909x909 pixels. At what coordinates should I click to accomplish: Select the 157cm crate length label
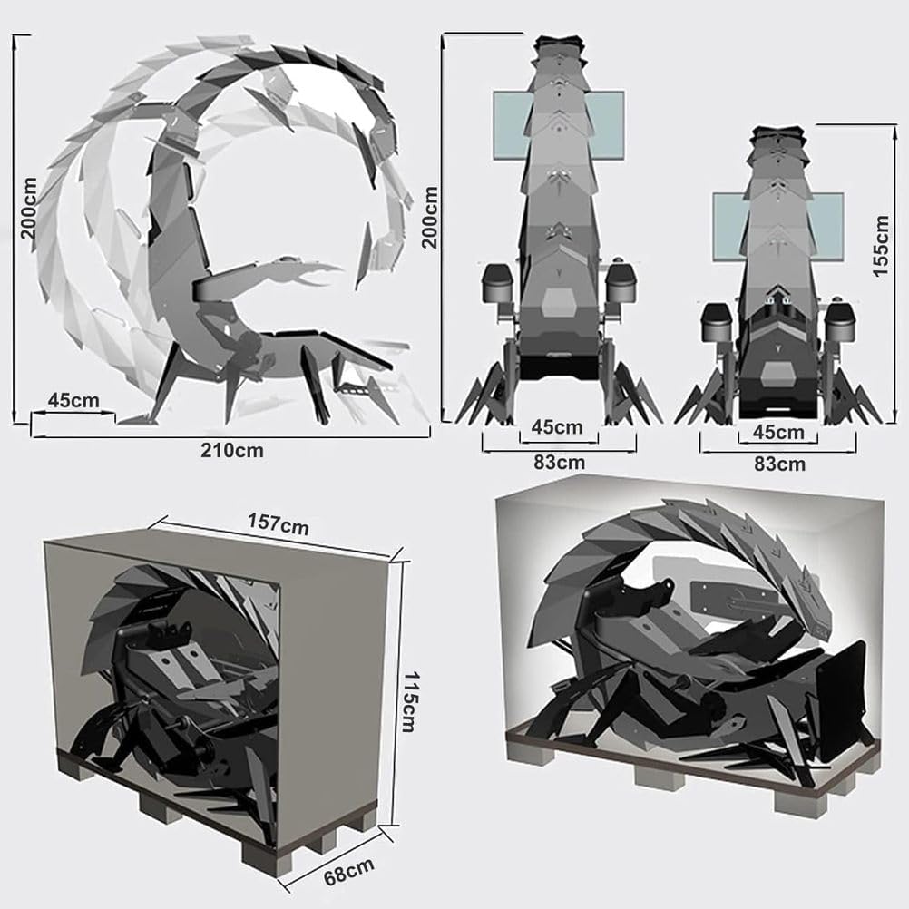click(276, 523)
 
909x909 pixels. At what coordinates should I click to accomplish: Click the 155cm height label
click(881, 246)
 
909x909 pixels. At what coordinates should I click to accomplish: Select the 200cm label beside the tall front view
click(430, 217)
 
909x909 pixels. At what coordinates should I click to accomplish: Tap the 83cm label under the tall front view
click(559, 462)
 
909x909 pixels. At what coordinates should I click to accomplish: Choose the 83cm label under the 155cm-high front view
click(779, 464)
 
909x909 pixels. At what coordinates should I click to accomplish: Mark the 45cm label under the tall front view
click(557, 426)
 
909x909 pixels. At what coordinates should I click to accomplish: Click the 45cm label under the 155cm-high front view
click(779, 432)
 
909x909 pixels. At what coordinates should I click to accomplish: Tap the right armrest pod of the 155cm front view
click(840, 322)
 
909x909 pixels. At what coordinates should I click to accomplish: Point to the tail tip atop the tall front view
click(558, 44)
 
